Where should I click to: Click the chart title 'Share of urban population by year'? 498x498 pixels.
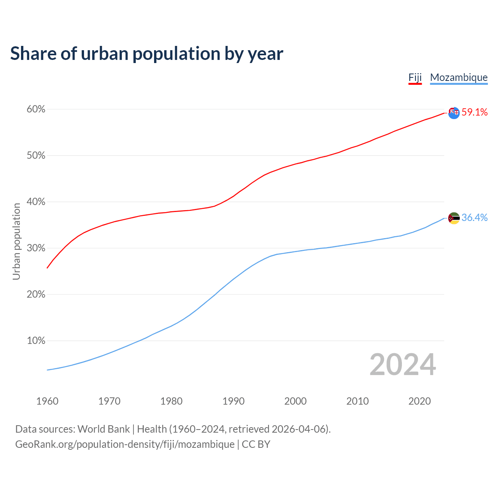[147, 53]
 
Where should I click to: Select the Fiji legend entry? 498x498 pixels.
[415, 77]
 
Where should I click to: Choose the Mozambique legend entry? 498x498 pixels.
[459, 77]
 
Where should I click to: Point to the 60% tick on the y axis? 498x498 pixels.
[36, 109]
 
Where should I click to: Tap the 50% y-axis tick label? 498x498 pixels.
[36, 156]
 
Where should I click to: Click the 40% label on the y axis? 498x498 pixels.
[36, 202]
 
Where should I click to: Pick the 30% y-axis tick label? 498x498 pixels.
[36, 248]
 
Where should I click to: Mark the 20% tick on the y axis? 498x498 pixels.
[36, 295]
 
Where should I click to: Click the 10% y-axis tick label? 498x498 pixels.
[36, 341]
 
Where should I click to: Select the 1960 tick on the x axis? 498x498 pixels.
[47, 401]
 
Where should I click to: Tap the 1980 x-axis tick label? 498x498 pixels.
[171, 401]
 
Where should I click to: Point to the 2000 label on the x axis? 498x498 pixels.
[295, 401]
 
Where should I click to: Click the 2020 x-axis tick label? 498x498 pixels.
[419, 401]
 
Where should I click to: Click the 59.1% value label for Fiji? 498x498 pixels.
[475, 112]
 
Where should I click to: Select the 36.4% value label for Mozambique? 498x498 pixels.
[475, 218]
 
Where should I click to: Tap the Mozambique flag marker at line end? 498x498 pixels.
[454, 218]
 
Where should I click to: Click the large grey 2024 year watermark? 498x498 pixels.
[403, 365]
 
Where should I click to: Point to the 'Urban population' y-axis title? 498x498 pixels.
[16, 241]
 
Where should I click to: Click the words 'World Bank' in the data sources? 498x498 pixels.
[103, 429]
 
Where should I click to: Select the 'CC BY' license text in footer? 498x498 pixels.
[256, 444]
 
